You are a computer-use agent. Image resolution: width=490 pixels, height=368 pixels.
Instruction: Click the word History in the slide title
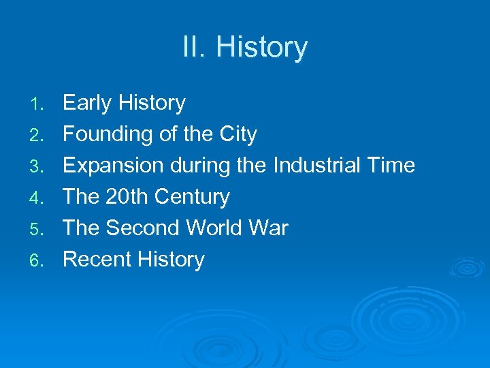click(261, 48)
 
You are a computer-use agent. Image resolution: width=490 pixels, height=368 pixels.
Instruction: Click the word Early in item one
click(87, 104)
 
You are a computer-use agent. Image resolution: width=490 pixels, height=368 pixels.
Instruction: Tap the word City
click(236, 135)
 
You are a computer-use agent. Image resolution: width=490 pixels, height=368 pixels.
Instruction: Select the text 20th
click(127, 197)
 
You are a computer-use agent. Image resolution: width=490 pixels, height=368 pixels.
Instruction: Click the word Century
click(192, 197)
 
